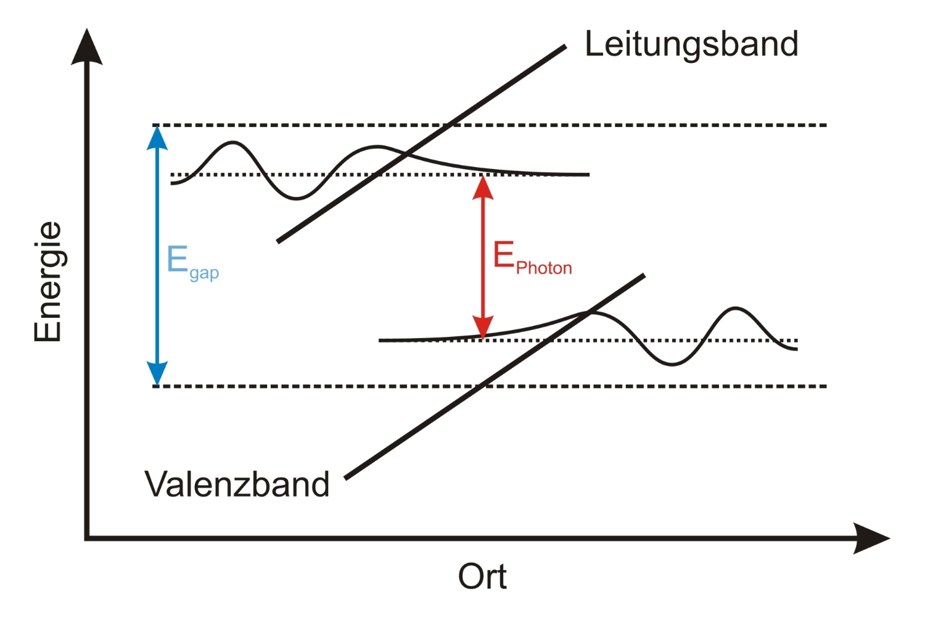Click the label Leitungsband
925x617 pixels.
691,45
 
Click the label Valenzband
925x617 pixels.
237,484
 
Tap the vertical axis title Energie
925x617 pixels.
48,281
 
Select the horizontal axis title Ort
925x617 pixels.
482,577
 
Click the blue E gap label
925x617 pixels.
192,262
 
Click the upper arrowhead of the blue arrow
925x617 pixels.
157,137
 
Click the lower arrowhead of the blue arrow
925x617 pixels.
157,374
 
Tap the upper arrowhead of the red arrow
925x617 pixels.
483,186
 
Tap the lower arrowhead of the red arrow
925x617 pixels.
483,327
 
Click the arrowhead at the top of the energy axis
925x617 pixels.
87,46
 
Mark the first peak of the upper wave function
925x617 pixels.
232,143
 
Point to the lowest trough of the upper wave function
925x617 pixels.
297,198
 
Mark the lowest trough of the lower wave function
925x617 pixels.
672,365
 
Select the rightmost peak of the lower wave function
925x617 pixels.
736,307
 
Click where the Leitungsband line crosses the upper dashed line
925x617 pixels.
451,125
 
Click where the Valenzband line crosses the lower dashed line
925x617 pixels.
485,386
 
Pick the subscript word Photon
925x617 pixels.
544,268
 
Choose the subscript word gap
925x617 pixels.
204,273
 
